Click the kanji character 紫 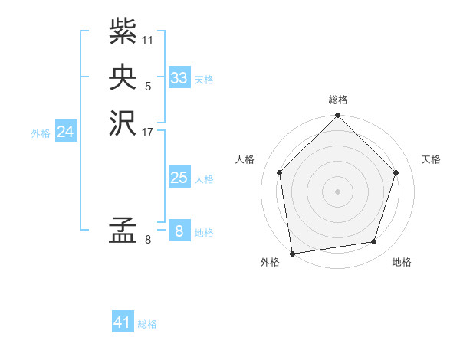[x=123, y=32]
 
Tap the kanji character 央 [x=123, y=77]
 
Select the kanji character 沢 [x=123, y=123]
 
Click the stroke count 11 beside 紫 [x=148, y=40]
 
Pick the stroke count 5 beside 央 [x=148, y=86]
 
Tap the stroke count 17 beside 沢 [x=148, y=131]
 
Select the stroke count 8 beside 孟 [x=148, y=241]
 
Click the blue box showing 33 [x=179, y=78]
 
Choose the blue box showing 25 [x=179, y=178]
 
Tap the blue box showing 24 [x=66, y=132]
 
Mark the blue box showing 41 [x=123, y=322]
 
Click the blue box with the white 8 [x=179, y=231]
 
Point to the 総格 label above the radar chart [x=338, y=100]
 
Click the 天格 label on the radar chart [x=432, y=159]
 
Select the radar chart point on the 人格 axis [x=280, y=172]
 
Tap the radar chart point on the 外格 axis [x=292, y=253]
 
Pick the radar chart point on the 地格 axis [x=374, y=242]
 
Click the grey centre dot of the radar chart [x=338, y=191]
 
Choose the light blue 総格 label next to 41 [x=147, y=324]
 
